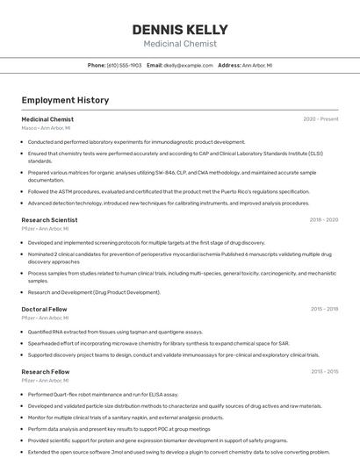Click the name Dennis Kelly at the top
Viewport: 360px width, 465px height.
point(180,30)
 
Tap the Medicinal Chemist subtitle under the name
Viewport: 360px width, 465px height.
point(180,43)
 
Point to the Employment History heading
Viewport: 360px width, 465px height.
point(65,100)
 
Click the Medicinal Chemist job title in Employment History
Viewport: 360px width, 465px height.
point(47,119)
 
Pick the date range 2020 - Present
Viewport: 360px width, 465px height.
point(320,119)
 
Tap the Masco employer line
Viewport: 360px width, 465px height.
point(46,128)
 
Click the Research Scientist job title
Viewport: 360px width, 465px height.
point(49,220)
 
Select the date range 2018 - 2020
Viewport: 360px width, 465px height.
point(323,220)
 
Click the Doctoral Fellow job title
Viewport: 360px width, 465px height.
point(44,309)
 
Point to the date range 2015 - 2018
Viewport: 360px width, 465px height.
point(323,309)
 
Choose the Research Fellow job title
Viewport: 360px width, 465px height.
point(46,372)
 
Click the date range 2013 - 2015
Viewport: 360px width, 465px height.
point(323,372)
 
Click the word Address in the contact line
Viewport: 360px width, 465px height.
point(228,65)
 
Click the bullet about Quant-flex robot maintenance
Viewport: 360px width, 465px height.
point(103,395)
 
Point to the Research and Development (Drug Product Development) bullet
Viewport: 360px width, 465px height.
point(94,292)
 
